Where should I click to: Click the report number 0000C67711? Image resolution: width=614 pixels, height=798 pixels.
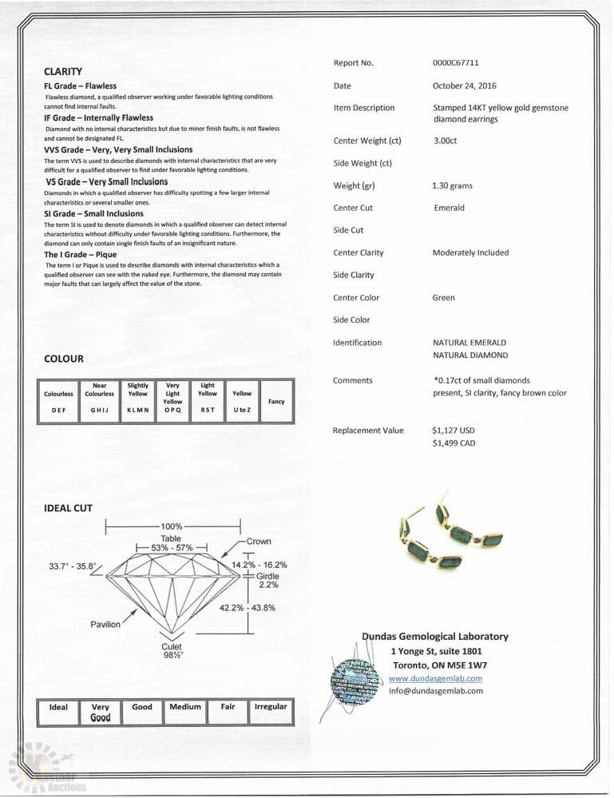(x=455, y=63)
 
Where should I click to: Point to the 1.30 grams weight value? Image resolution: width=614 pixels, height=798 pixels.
(x=453, y=186)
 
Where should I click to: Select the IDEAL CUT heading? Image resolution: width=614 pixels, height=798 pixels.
(x=69, y=508)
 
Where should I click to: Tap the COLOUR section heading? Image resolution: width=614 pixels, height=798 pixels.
(x=64, y=359)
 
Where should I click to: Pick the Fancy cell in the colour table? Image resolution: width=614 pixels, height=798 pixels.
(x=276, y=402)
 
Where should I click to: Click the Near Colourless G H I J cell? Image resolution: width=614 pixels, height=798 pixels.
(x=100, y=397)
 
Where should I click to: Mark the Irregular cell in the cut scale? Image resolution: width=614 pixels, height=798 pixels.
(x=271, y=708)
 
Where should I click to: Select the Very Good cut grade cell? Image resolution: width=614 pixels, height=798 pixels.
(x=101, y=713)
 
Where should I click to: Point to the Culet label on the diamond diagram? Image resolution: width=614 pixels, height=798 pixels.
(x=172, y=646)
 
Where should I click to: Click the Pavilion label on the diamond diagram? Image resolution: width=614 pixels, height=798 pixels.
(x=105, y=624)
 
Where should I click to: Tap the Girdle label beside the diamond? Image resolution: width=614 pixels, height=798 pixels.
(x=267, y=575)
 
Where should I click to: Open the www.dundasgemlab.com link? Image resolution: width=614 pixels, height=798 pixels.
(x=435, y=678)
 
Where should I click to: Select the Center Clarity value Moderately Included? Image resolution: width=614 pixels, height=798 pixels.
(x=470, y=253)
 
